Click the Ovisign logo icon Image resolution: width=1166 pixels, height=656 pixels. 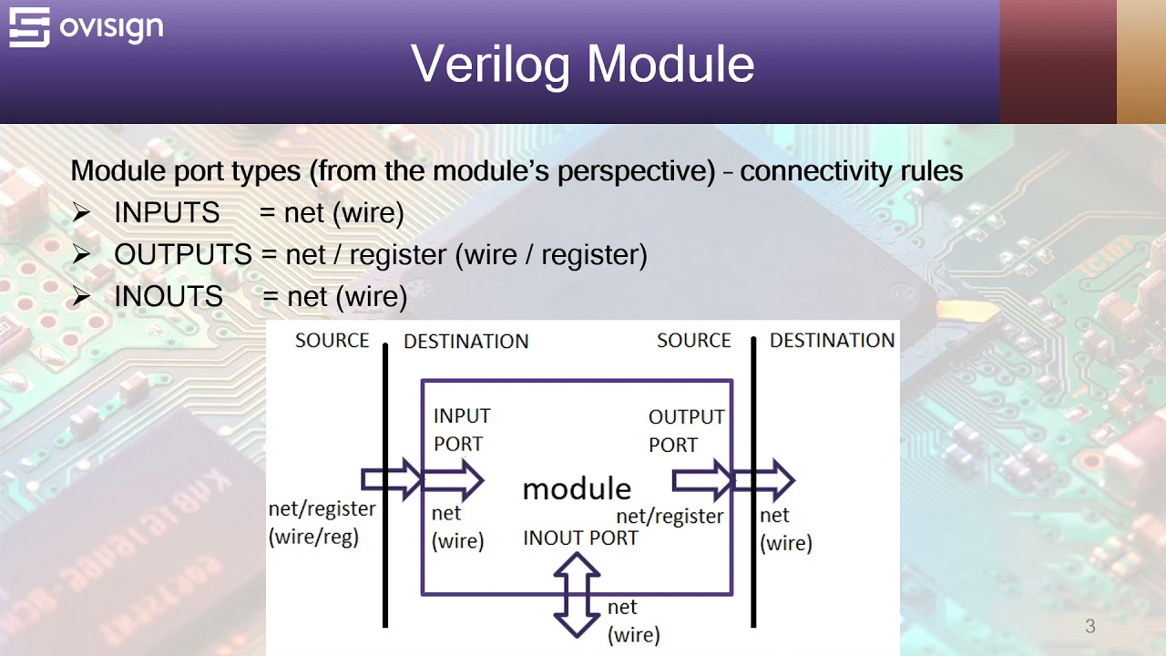click(29, 27)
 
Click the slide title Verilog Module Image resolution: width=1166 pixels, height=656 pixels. click(583, 64)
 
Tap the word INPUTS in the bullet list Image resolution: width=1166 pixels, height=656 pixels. click(167, 213)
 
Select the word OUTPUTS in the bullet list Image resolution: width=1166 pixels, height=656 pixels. click(182, 255)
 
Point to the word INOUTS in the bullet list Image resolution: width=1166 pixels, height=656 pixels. click(169, 297)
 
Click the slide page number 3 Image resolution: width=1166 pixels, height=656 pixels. click(1089, 626)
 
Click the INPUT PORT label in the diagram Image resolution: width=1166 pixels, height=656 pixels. click(461, 429)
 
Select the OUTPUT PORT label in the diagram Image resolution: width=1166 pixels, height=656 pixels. click(686, 430)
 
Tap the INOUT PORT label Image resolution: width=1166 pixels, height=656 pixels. click(580, 538)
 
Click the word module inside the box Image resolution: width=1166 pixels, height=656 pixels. click(576, 488)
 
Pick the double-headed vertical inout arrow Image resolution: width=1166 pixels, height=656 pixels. click(577, 594)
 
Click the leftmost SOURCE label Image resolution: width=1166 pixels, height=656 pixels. click(332, 341)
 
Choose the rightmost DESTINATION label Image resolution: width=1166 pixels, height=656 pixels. click(832, 341)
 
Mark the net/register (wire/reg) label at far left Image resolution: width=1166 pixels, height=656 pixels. click(321, 522)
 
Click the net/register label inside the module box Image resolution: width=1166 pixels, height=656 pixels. click(670, 517)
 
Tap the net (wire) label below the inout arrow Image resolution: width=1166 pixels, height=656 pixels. click(632, 620)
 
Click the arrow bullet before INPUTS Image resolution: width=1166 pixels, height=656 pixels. click(82, 213)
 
